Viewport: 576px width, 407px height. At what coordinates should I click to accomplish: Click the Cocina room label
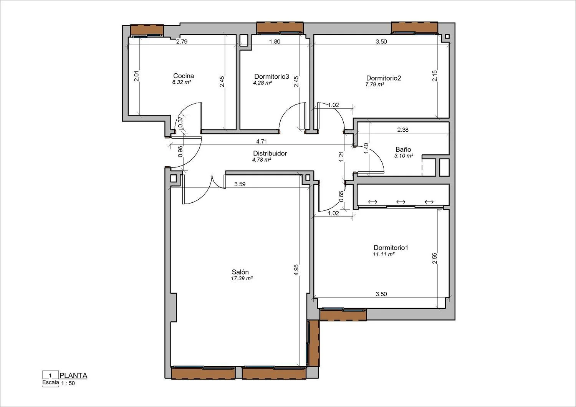point(183,76)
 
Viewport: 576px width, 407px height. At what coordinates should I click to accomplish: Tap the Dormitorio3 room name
point(271,76)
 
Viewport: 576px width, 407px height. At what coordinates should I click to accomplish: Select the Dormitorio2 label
point(383,78)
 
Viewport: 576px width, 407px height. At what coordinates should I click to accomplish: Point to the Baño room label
point(403,149)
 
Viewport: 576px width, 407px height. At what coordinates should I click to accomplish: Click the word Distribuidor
point(270,154)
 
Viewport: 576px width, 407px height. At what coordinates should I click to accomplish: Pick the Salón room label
point(240,272)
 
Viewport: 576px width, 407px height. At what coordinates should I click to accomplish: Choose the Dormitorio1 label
point(391,248)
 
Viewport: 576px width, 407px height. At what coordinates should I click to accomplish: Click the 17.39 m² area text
point(242,278)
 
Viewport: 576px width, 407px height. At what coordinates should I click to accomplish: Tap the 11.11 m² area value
point(384,254)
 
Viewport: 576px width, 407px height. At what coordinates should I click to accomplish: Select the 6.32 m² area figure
point(182,82)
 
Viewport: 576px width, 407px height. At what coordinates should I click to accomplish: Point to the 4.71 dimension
point(261,141)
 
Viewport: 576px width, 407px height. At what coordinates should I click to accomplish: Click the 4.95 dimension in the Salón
point(296,270)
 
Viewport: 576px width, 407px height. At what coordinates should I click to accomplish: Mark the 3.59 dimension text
point(240,184)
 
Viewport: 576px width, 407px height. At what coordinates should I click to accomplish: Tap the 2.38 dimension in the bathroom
point(403,130)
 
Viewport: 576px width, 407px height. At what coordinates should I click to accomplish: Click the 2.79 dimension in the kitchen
point(182,41)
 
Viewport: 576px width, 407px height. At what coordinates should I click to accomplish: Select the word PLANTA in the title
point(73,376)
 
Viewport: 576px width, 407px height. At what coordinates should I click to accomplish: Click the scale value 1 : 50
point(68,383)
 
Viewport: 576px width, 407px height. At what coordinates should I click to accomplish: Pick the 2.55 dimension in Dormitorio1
point(435,258)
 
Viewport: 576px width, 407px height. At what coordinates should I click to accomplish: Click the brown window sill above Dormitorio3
point(280,28)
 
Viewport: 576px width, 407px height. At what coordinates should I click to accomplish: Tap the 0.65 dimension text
point(341,196)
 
